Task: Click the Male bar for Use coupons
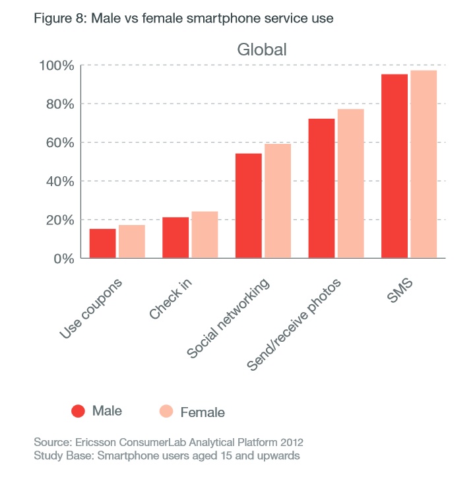pos(103,243)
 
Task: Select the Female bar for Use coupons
pos(132,241)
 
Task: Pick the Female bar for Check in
pos(205,235)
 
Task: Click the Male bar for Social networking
pos(249,206)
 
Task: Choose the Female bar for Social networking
pos(278,201)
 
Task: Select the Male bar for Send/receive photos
pos(321,189)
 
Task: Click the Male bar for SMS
pos(394,166)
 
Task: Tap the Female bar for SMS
pos(423,164)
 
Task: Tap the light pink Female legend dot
pos(166,411)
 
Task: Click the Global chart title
pos(262,49)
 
